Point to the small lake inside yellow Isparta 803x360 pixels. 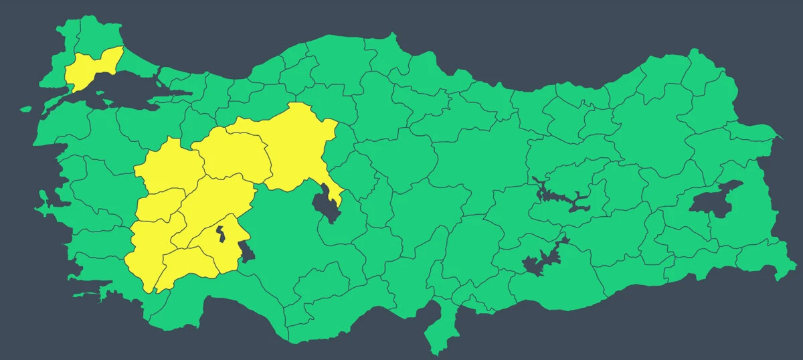coord(220,235)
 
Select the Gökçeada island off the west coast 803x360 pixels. coord(25,108)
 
